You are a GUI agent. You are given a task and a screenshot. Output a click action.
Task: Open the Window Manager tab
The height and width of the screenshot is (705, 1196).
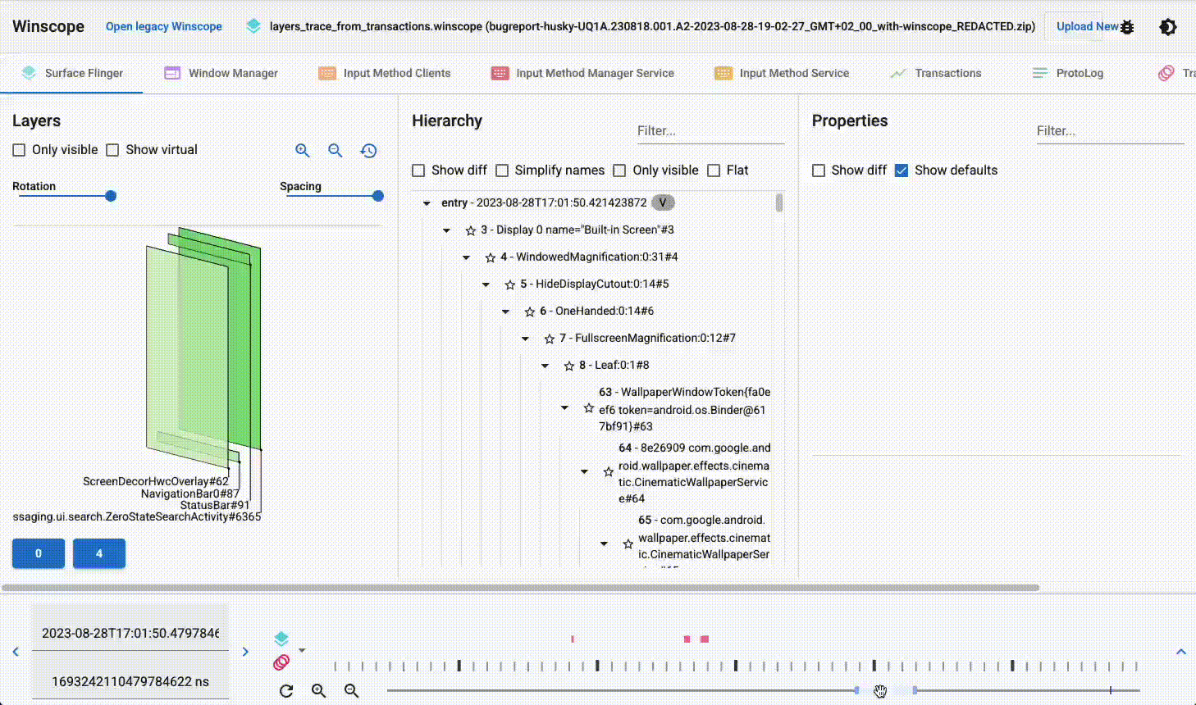click(x=221, y=73)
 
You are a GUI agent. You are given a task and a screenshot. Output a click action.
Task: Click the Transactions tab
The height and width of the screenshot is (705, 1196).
click(x=936, y=73)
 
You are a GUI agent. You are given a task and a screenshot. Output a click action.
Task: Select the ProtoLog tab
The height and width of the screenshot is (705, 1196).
click(x=1068, y=73)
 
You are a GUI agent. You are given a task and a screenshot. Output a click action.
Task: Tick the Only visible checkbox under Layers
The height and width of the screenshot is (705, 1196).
click(x=20, y=150)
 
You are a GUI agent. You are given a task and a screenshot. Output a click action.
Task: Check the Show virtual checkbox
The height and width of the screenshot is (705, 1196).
click(x=113, y=150)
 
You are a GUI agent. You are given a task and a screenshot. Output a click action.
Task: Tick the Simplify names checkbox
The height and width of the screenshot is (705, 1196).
click(x=502, y=171)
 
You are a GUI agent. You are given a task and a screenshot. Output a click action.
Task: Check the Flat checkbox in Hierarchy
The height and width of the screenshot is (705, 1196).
click(x=714, y=171)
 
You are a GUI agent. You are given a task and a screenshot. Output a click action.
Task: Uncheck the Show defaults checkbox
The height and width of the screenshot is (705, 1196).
click(x=902, y=171)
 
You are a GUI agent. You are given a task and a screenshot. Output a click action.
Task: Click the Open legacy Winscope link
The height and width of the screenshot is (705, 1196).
click(x=164, y=26)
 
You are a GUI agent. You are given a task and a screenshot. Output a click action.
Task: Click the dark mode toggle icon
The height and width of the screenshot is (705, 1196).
click(x=1167, y=27)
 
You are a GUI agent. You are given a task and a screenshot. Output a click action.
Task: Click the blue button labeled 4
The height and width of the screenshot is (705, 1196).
click(x=99, y=553)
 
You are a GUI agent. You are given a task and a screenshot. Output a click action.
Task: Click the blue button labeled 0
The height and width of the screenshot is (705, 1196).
click(x=39, y=553)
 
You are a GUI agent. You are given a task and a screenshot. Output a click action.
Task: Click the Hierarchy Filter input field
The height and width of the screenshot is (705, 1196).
click(x=710, y=131)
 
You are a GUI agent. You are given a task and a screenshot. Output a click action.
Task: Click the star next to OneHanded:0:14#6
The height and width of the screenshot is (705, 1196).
click(x=529, y=312)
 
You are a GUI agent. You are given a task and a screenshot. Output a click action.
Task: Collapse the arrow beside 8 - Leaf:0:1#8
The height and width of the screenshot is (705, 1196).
click(x=546, y=366)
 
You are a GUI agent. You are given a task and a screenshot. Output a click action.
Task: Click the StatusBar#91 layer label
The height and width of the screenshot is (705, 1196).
click(x=215, y=505)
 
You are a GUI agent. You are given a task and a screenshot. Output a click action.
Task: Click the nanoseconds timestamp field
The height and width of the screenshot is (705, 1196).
click(x=130, y=681)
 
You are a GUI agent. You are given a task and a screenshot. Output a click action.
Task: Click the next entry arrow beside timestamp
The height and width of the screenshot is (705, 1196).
click(x=245, y=652)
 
